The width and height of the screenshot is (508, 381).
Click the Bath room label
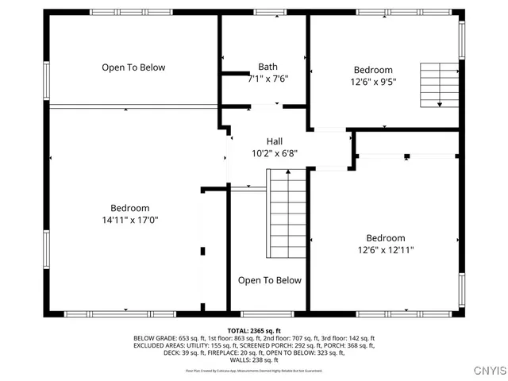pyautogui.click(x=267, y=67)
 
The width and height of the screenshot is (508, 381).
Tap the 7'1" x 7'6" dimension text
pyautogui.click(x=267, y=79)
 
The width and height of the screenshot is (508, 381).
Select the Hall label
pyautogui.click(x=274, y=141)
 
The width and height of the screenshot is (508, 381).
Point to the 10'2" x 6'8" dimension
pyautogui.click(x=274, y=153)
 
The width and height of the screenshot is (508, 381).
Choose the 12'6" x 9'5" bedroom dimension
pyautogui.click(x=373, y=81)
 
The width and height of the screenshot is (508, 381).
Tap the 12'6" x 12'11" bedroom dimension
pyautogui.click(x=385, y=249)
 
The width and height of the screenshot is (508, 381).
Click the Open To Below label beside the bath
pyautogui.click(x=133, y=67)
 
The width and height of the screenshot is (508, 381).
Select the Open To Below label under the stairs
pyautogui.click(x=270, y=280)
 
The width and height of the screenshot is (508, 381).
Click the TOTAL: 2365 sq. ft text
pyautogui.click(x=254, y=329)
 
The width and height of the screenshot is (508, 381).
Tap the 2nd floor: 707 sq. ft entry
pyautogui.click(x=293, y=337)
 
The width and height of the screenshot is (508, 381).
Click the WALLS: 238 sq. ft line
pyautogui.click(x=254, y=360)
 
